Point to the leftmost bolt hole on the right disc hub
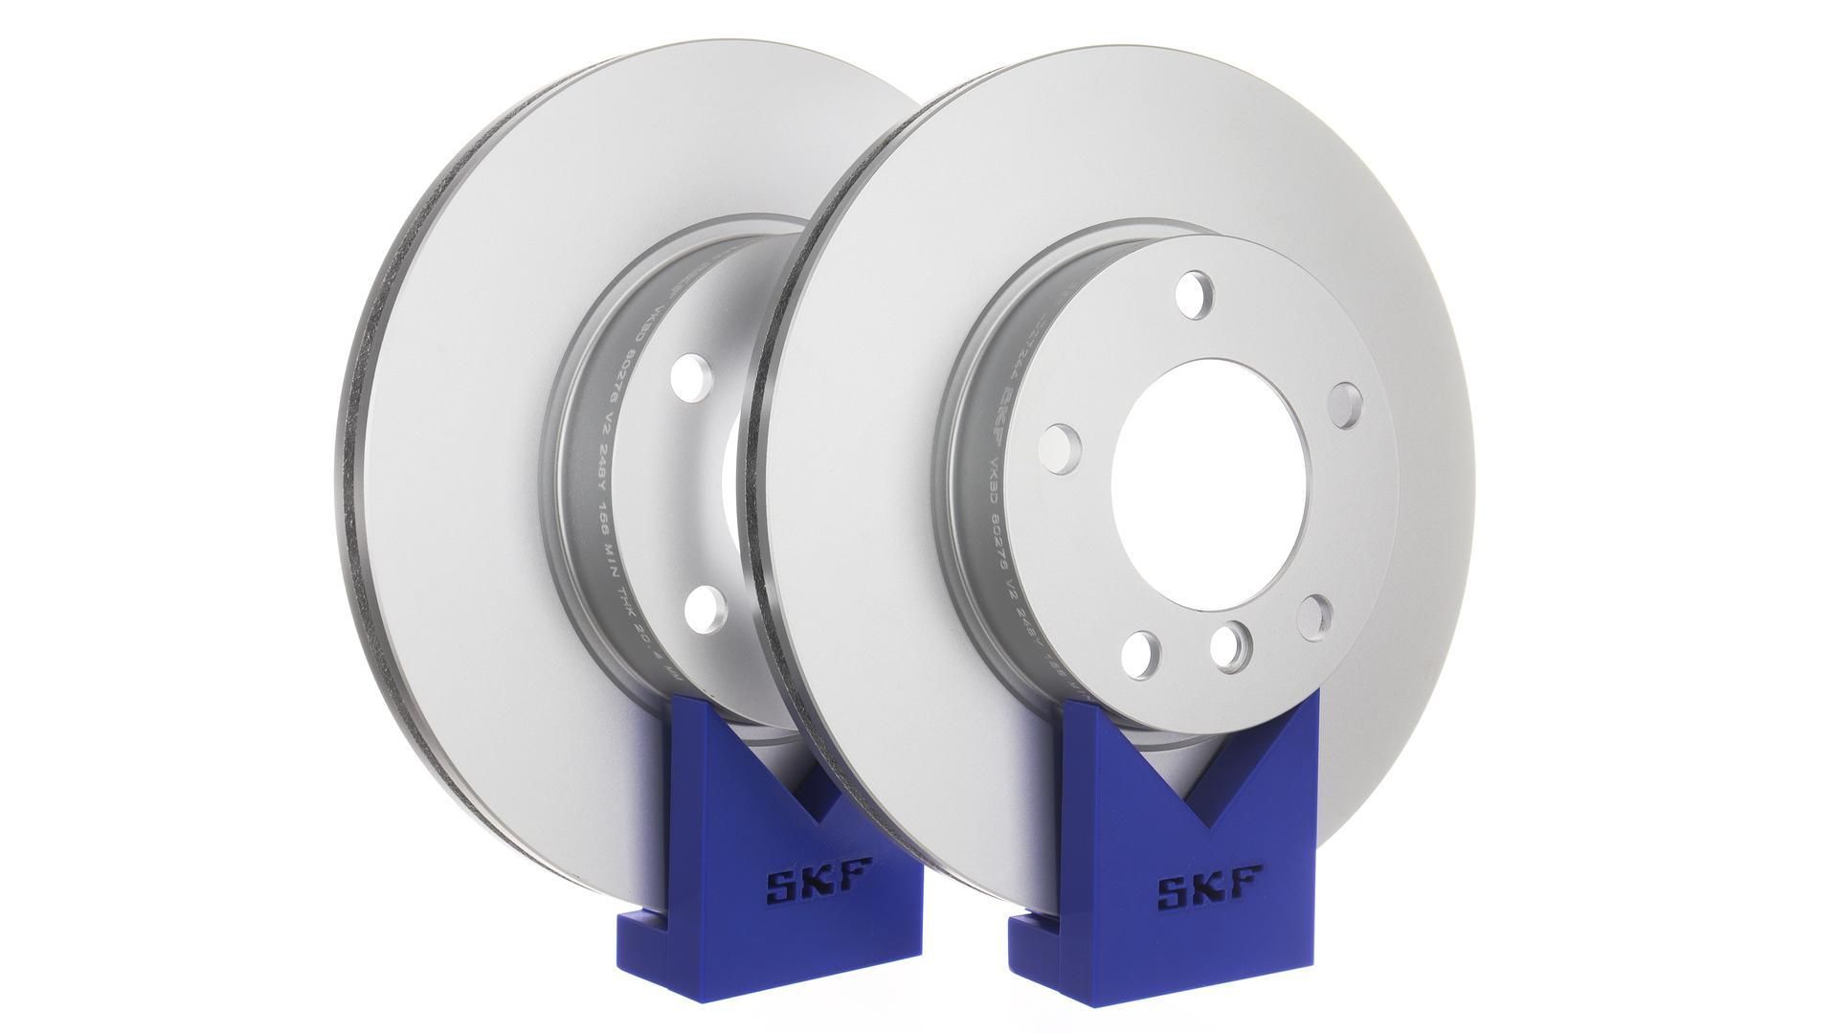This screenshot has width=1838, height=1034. pos(1060,446)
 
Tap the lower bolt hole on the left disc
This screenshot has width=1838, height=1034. pos(706,606)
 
